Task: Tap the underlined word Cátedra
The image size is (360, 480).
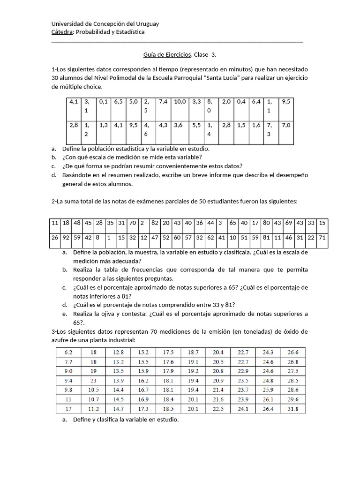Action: pyautogui.click(x=61, y=32)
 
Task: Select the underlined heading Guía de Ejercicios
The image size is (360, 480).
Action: pyautogui.click(x=167, y=54)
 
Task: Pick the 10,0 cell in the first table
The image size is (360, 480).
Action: pyautogui.click(x=180, y=101)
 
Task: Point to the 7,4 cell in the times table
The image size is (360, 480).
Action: pyautogui.click(x=164, y=101)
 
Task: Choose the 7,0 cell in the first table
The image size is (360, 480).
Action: pyautogui.click(x=285, y=125)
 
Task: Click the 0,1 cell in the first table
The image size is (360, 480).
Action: pyautogui.click(x=104, y=101)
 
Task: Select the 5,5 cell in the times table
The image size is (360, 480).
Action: pyautogui.click(x=196, y=125)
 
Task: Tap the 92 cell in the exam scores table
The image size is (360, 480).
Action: pyautogui.click(x=66, y=238)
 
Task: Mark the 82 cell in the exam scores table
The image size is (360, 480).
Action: pyautogui.click(x=155, y=223)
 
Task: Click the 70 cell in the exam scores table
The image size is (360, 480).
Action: pyautogui.click(x=133, y=223)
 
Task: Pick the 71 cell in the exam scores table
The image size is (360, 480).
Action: pyautogui.click(x=322, y=238)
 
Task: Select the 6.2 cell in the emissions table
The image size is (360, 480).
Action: pyautogui.click(x=68, y=352)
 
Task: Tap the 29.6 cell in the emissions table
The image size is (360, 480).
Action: pyautogui.click(x=293, y=399)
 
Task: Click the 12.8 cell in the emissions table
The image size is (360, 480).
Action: pyautogui.click(x=119, y=352)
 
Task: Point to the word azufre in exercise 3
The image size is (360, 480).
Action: pyautogui.click(x=61, y=339)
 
